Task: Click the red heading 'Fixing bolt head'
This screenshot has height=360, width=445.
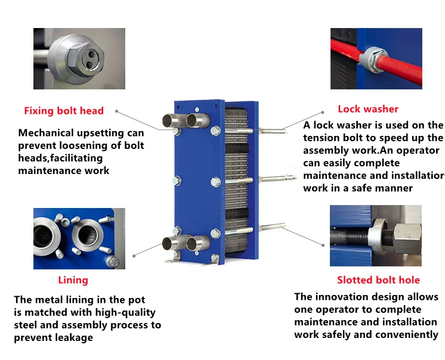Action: [64, 111]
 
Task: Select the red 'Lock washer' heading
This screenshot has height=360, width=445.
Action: [368, 109]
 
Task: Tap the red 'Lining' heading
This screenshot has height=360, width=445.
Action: [73, 280]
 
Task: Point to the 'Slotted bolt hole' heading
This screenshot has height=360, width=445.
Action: [378, 280]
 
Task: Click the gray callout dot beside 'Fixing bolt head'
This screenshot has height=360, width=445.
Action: [116, 111]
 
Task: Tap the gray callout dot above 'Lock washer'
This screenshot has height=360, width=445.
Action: [323, 110]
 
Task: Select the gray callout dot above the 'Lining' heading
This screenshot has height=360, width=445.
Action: [134, 255]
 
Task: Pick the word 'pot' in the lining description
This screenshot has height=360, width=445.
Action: [137, 300]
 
